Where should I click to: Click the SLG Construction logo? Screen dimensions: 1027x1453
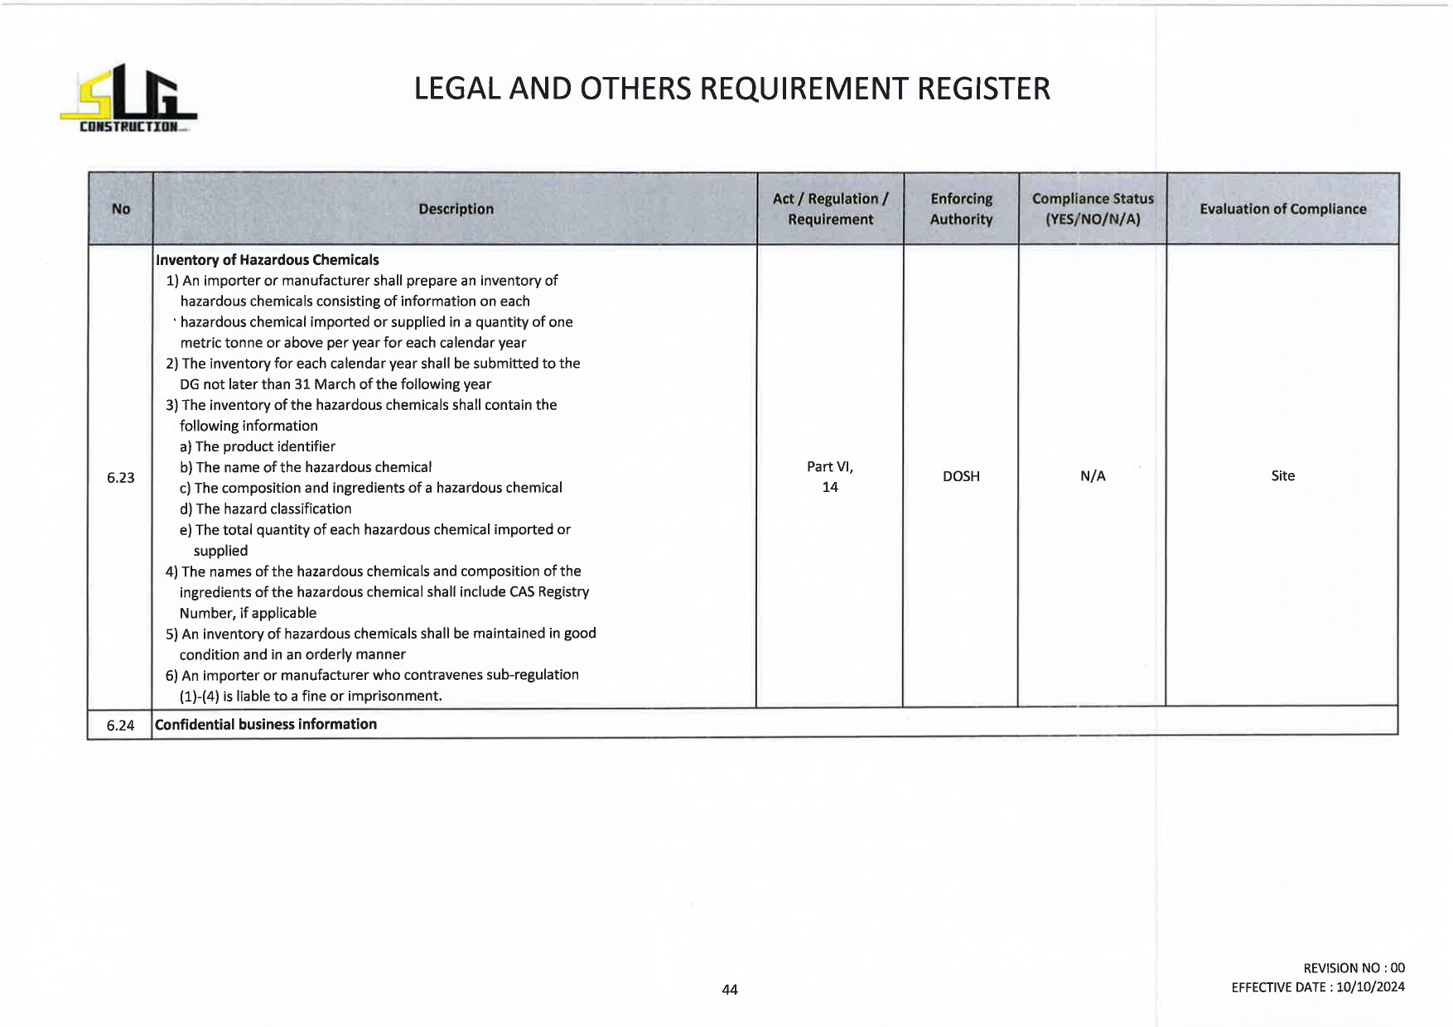coord(128,99)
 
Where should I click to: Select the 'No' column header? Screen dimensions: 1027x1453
coord(121,209)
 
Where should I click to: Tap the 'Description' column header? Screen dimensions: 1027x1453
coord(456,209)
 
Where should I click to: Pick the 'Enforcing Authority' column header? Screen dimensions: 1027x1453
coord(961,209)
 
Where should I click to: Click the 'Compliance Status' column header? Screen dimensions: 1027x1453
coord(1093,209)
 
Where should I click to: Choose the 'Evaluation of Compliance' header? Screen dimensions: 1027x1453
coord(1282,209)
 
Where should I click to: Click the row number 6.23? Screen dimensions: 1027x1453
coord(121,477)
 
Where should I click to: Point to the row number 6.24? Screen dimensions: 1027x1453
coord(121,726)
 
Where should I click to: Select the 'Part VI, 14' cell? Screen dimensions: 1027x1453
coord(830,477)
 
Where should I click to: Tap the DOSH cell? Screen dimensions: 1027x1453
coord(961,476)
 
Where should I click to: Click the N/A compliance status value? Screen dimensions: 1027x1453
coord(1093,476)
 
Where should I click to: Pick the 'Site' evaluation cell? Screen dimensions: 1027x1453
coord(1282,475)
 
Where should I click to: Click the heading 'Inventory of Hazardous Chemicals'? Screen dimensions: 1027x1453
coord(267,260)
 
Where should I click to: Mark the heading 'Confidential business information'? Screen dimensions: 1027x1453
coord(266,724)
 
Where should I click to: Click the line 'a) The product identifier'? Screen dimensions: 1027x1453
coord(257,446)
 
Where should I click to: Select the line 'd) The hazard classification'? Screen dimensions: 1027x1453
coord(265,509)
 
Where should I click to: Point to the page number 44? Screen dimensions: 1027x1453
coord(730,989)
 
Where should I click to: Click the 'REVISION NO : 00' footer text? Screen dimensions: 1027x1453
coord(1354,967)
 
